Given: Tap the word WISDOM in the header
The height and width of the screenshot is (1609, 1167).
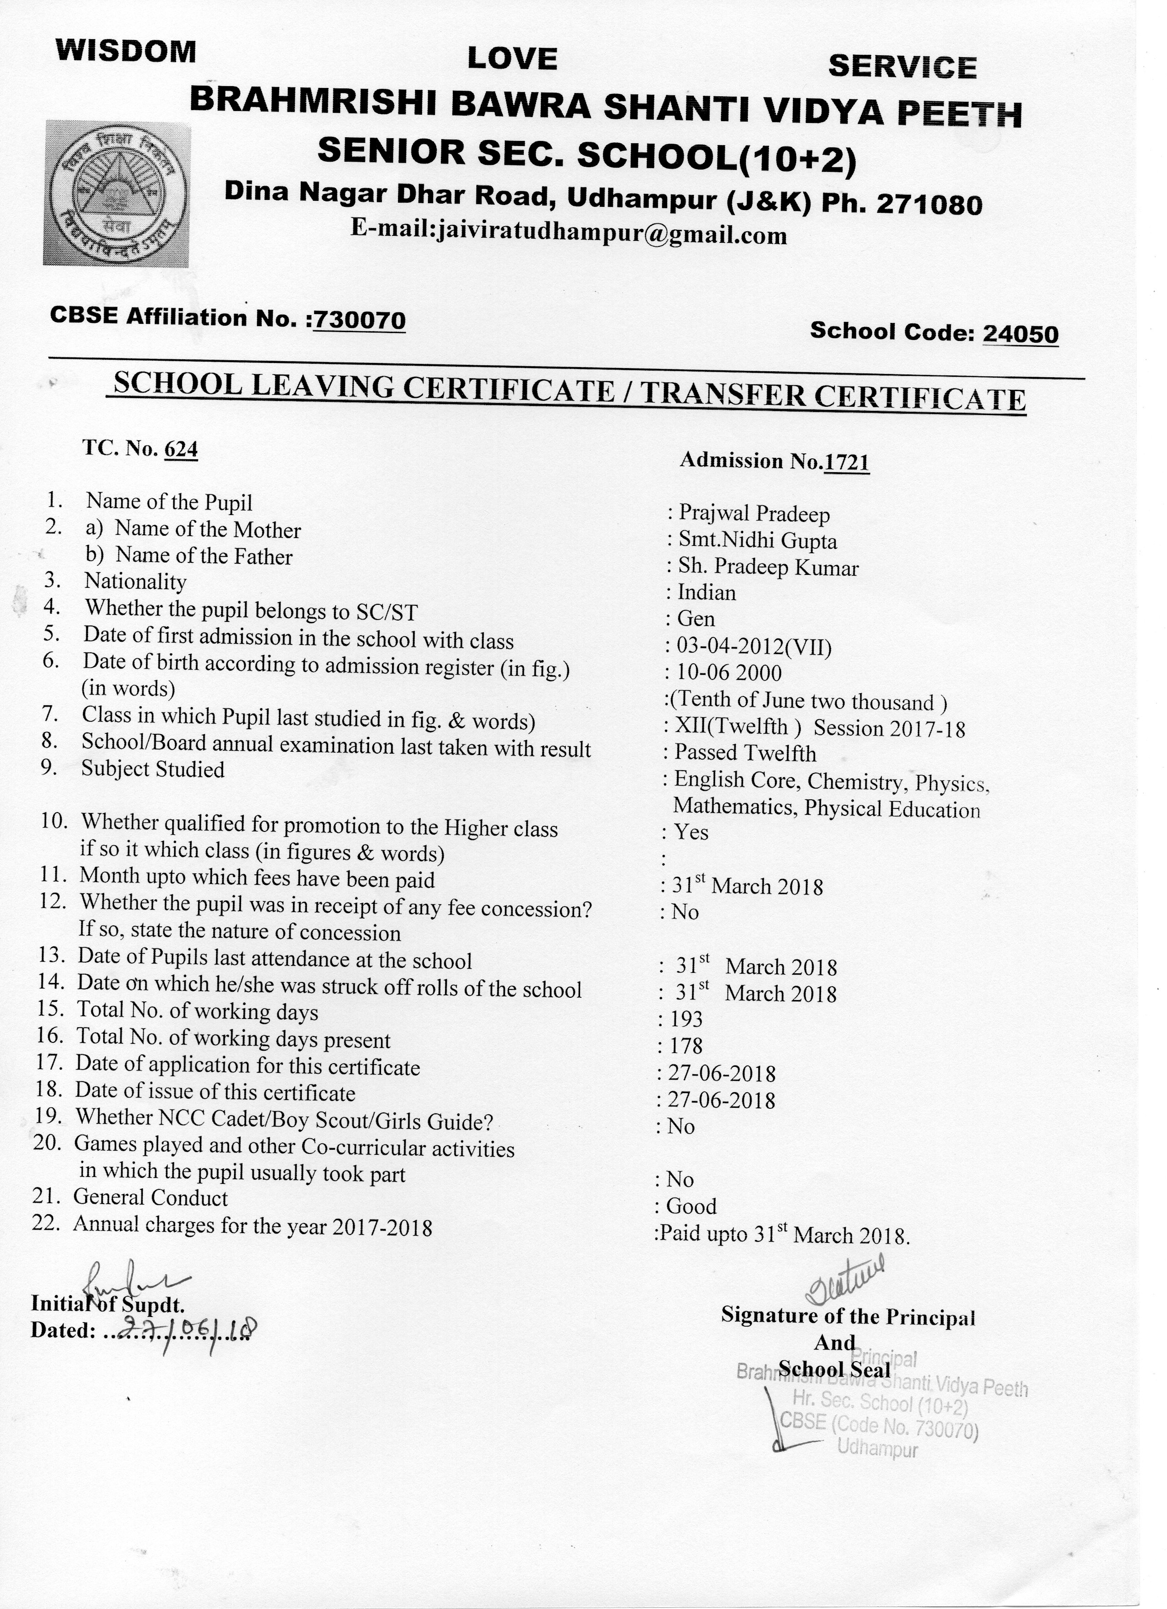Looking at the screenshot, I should click(x=126, y=52).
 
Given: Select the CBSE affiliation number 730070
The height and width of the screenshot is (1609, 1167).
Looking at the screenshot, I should click(x=360, y=321).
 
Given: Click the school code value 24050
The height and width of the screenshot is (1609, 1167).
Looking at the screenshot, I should click(x=1020, y=334).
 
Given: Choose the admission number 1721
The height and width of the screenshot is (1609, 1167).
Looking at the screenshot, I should click(x=846, y=462).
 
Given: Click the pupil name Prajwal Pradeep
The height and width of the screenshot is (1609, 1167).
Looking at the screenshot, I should click(x=754, y=514).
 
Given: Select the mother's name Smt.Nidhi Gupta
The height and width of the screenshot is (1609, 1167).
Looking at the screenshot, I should click(x=758, y=541).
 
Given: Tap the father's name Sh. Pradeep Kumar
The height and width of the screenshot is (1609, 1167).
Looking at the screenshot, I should click(x=768, y=568).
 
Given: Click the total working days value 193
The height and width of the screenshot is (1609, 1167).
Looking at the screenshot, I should click(x=685, y=1019).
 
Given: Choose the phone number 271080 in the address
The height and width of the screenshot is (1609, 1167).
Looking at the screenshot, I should click(x=929, y=205).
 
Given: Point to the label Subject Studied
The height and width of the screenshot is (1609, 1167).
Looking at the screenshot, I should click(x=153, y=770).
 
